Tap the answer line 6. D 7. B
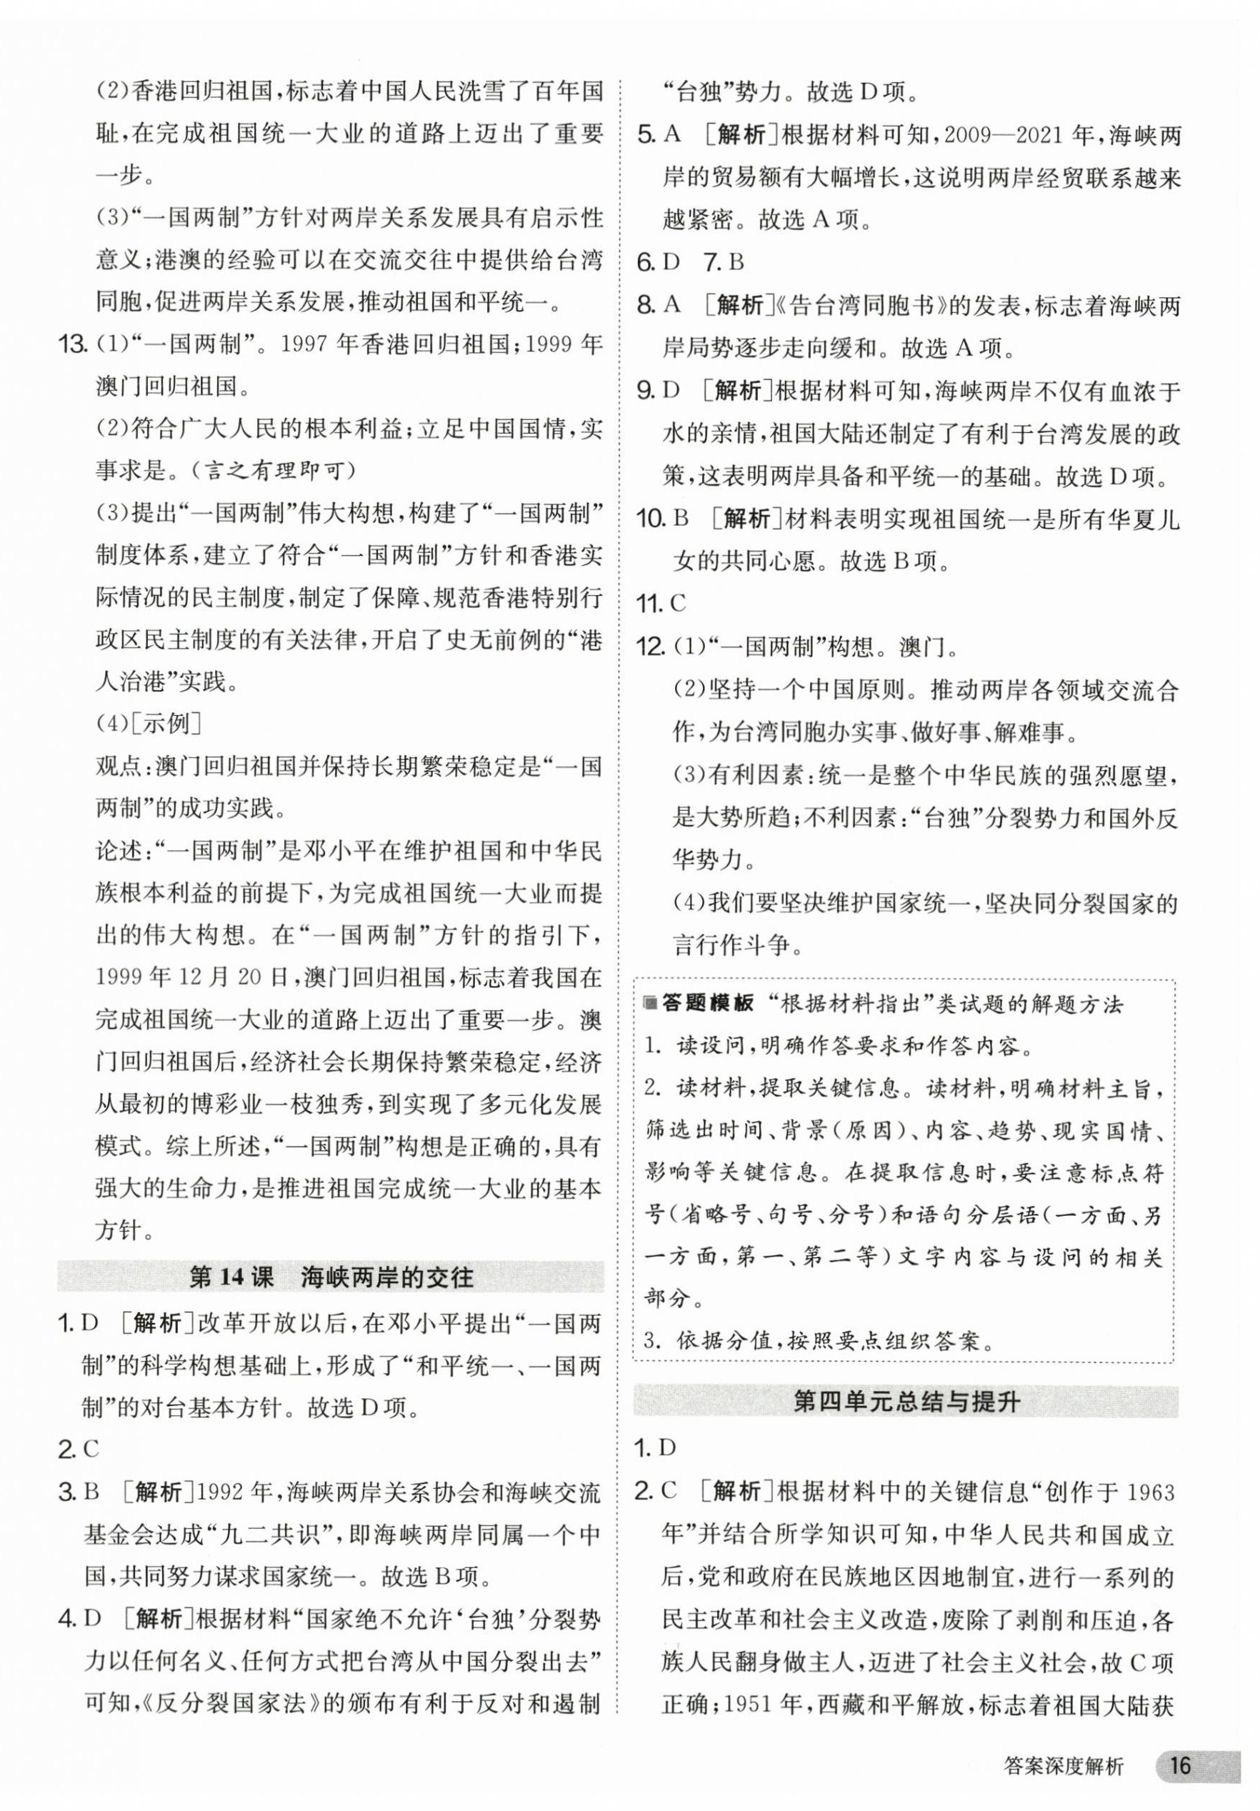tap(691, 262)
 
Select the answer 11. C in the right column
tap(661, 604)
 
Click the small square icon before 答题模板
tap(650, 1004)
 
